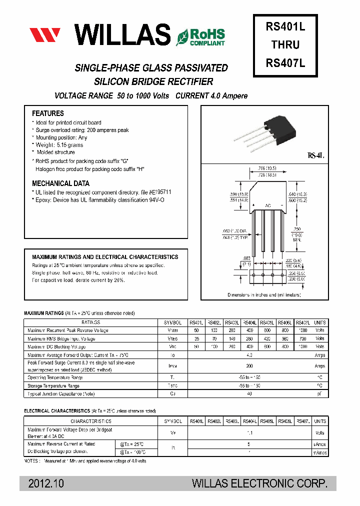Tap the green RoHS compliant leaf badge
200,36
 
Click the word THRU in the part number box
285,45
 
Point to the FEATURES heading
48,113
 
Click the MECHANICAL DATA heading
61,183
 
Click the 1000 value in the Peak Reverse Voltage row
302,330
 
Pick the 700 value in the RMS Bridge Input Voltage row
302,338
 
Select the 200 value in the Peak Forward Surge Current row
249,366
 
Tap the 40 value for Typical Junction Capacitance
249,394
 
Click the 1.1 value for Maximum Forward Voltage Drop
249,433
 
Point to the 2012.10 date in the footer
46,483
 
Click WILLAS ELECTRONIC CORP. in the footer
260,483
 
